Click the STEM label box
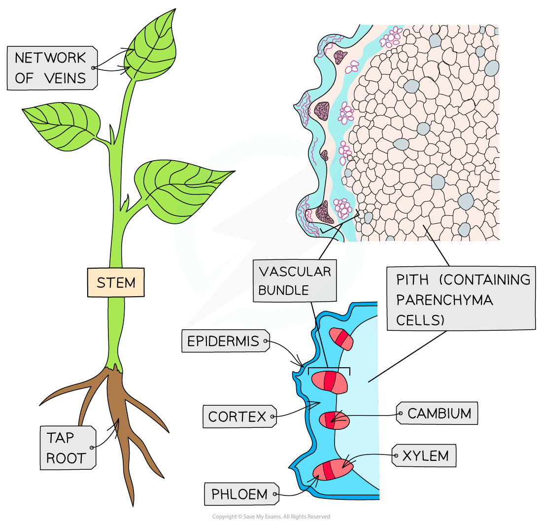tap(116, 282)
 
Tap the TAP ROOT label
tap(67, 448)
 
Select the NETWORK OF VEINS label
tap(51, 68)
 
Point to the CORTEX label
tap(237, 417)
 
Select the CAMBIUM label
tap(440, 413)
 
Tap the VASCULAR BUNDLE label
tap(295, 280)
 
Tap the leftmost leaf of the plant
tap(62, 121)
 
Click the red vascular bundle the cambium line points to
tap(334, 420)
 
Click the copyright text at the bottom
tap(271, 516)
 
